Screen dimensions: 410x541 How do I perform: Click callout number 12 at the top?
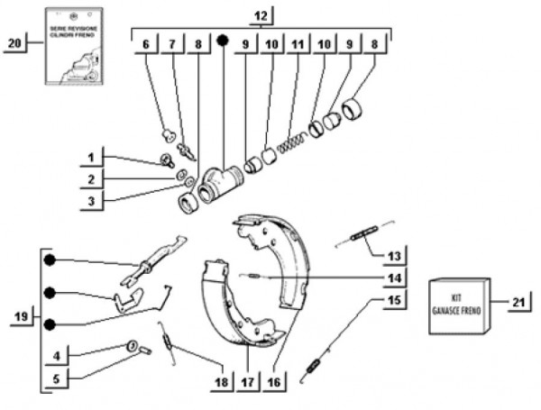pyautogui.click(x=260, y=16)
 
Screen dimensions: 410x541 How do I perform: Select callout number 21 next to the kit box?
pyautogui.click(x=518, y=302)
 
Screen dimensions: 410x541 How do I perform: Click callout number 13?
pyautogui.click(x=394, y=255)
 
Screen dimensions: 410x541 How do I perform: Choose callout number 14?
pyautogui.click(x=394, y=277)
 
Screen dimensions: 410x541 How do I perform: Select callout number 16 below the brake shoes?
pyautogui.click(x=274, y=382)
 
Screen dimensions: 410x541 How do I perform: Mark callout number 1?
pyautogui.click(x=91, y=158)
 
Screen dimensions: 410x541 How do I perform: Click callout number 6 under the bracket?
pyautogui.click(x=144, y=43)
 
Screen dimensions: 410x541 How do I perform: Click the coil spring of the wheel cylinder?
pyautogui.click(x=290, y=143)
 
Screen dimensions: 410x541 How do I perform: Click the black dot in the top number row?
pyautogui.click(x=221, y=41)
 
